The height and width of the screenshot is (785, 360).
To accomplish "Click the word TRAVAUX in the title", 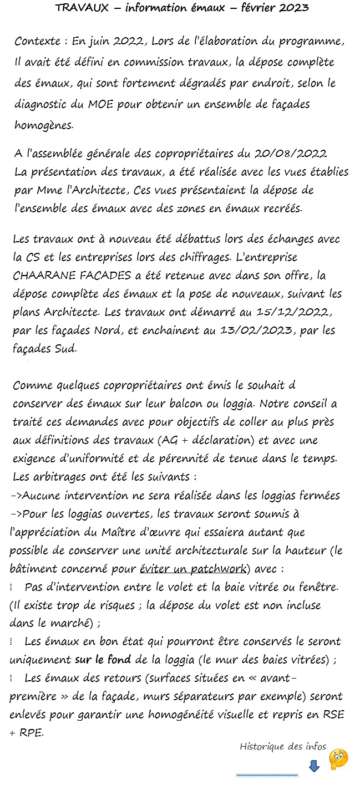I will click(78, 8).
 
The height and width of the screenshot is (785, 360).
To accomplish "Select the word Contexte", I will click(36, 42).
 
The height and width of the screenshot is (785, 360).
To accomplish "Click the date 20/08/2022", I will click(291, 153).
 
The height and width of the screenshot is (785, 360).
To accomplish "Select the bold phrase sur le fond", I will click(103, 660).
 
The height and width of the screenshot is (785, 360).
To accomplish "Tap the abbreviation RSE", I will click(333, 714).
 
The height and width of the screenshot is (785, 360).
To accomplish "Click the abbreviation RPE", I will click(30, 732).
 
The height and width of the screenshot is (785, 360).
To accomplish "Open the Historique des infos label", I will click(283, 746).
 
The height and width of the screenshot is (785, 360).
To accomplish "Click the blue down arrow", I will click(314, 766).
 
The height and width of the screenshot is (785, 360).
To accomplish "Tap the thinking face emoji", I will click(338, 759).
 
